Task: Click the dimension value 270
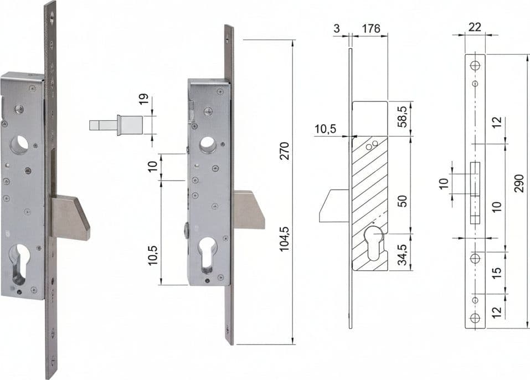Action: (285, 151)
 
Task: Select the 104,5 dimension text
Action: (285, 239)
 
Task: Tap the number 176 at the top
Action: (371, 28)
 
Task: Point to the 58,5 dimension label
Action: (403, 117)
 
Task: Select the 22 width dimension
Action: (475, 27)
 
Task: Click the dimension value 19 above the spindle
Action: (144, 99)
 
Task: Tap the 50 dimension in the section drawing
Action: (403, 201)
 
